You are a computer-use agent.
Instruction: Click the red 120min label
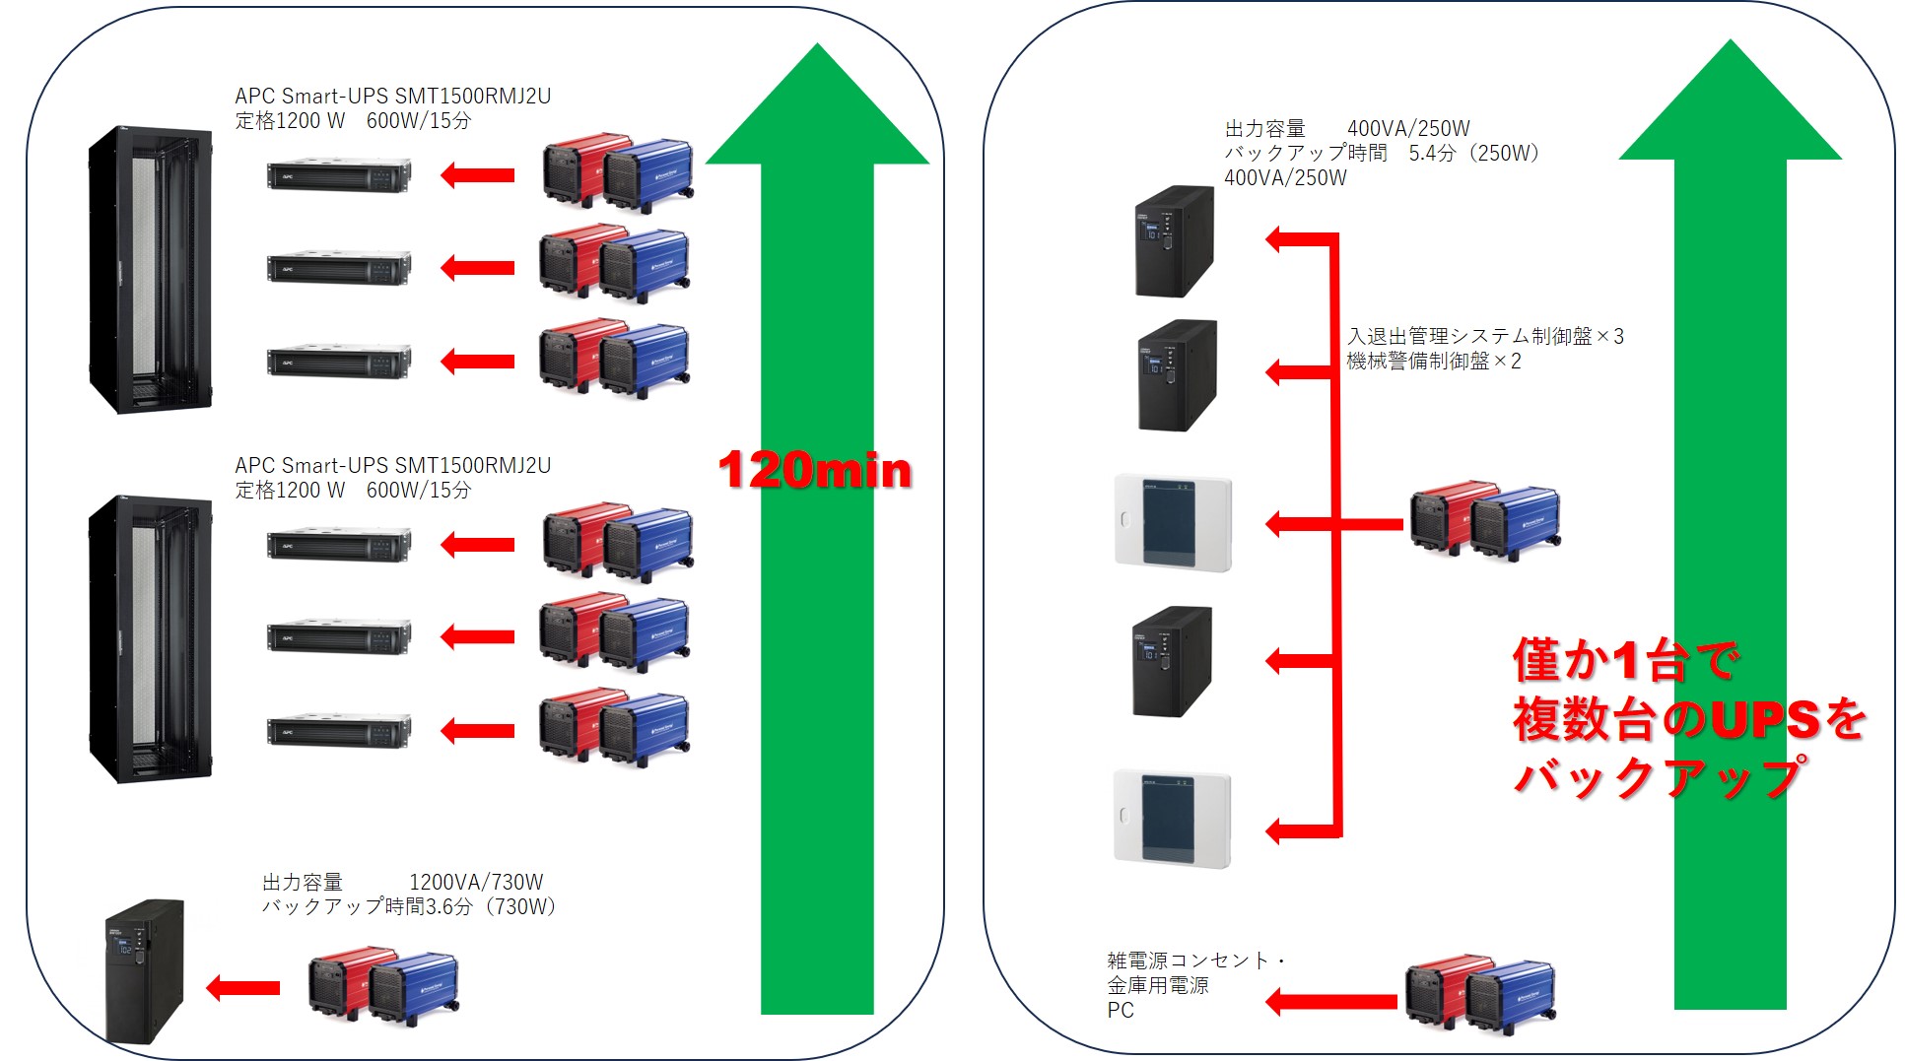click(x=814, y=470)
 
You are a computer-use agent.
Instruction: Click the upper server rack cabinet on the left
click(x=150, y=270)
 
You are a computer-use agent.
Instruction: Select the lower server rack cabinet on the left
click(x=150, y=638)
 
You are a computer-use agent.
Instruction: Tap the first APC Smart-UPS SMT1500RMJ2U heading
click(x=392, y=96)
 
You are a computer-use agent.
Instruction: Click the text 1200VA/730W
click(x=476, y=882)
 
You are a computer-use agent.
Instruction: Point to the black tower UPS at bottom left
click(x=144, y=970)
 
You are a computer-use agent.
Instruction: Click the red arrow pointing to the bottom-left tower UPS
click(x=242, y=987)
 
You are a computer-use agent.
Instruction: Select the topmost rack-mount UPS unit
click(x=338, y=175)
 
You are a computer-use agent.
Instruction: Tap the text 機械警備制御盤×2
click(x=1433, y=362)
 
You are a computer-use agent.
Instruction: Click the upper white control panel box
click(x=1173, y=523)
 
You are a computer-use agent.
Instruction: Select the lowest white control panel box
click(x=1173, y=819)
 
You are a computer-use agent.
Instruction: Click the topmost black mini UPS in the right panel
click(x=1173, y=241)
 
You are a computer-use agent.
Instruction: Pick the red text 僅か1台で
click(x=1625, y=660)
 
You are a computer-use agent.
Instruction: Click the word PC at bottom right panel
click(x=1121, y=1011)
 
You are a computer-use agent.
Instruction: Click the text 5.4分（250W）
click(x=1473, y=153)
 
